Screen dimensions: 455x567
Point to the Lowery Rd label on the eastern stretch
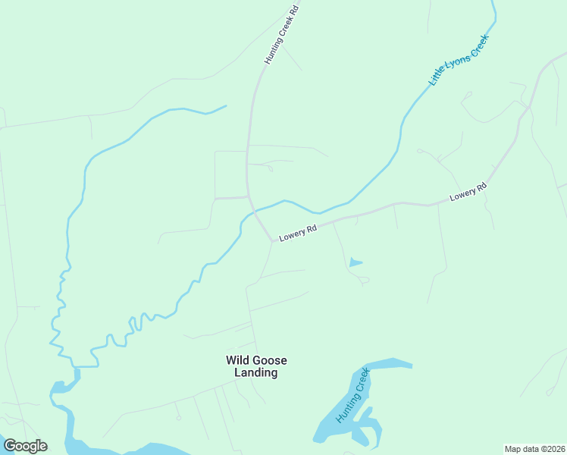468,192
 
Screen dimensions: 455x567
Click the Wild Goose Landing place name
256,366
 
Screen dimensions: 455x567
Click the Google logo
25,446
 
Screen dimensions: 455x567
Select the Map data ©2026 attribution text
534,448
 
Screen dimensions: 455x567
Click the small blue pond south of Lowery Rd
354,263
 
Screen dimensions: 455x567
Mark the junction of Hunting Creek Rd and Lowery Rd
272,241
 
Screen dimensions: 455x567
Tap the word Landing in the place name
256,373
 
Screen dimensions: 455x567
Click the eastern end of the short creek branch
226,106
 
